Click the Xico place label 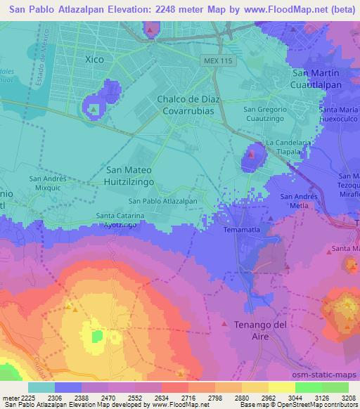(94, 60)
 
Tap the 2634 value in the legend (160, 398)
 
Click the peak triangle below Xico (93, 109)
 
